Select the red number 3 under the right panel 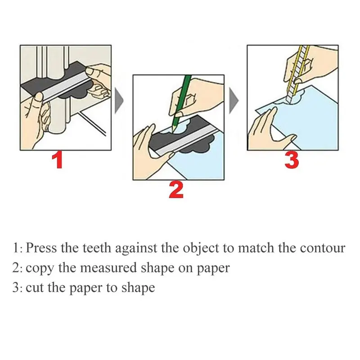point(292,160)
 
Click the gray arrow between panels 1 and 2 point(119,100)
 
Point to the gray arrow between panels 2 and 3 point(234,100)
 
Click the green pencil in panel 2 point(181,104)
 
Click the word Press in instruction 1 point(41,248)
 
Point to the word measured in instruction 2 point(108,268)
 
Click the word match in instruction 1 point(256,248)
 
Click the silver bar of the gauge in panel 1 point(65,87)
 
